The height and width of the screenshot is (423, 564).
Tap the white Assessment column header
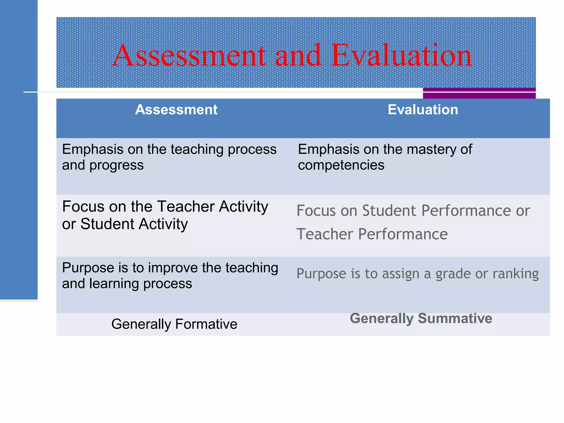[176, 110]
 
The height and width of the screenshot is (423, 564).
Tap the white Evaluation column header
[423, 110]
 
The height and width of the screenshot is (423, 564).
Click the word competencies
[341, 165]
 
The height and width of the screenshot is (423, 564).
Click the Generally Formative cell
[174, 324]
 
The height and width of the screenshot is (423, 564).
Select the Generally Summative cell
[421, 318]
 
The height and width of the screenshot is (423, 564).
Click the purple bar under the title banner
[479, 93]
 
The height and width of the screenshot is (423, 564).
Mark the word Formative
[206, 324]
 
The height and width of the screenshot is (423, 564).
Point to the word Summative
[455, 318]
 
